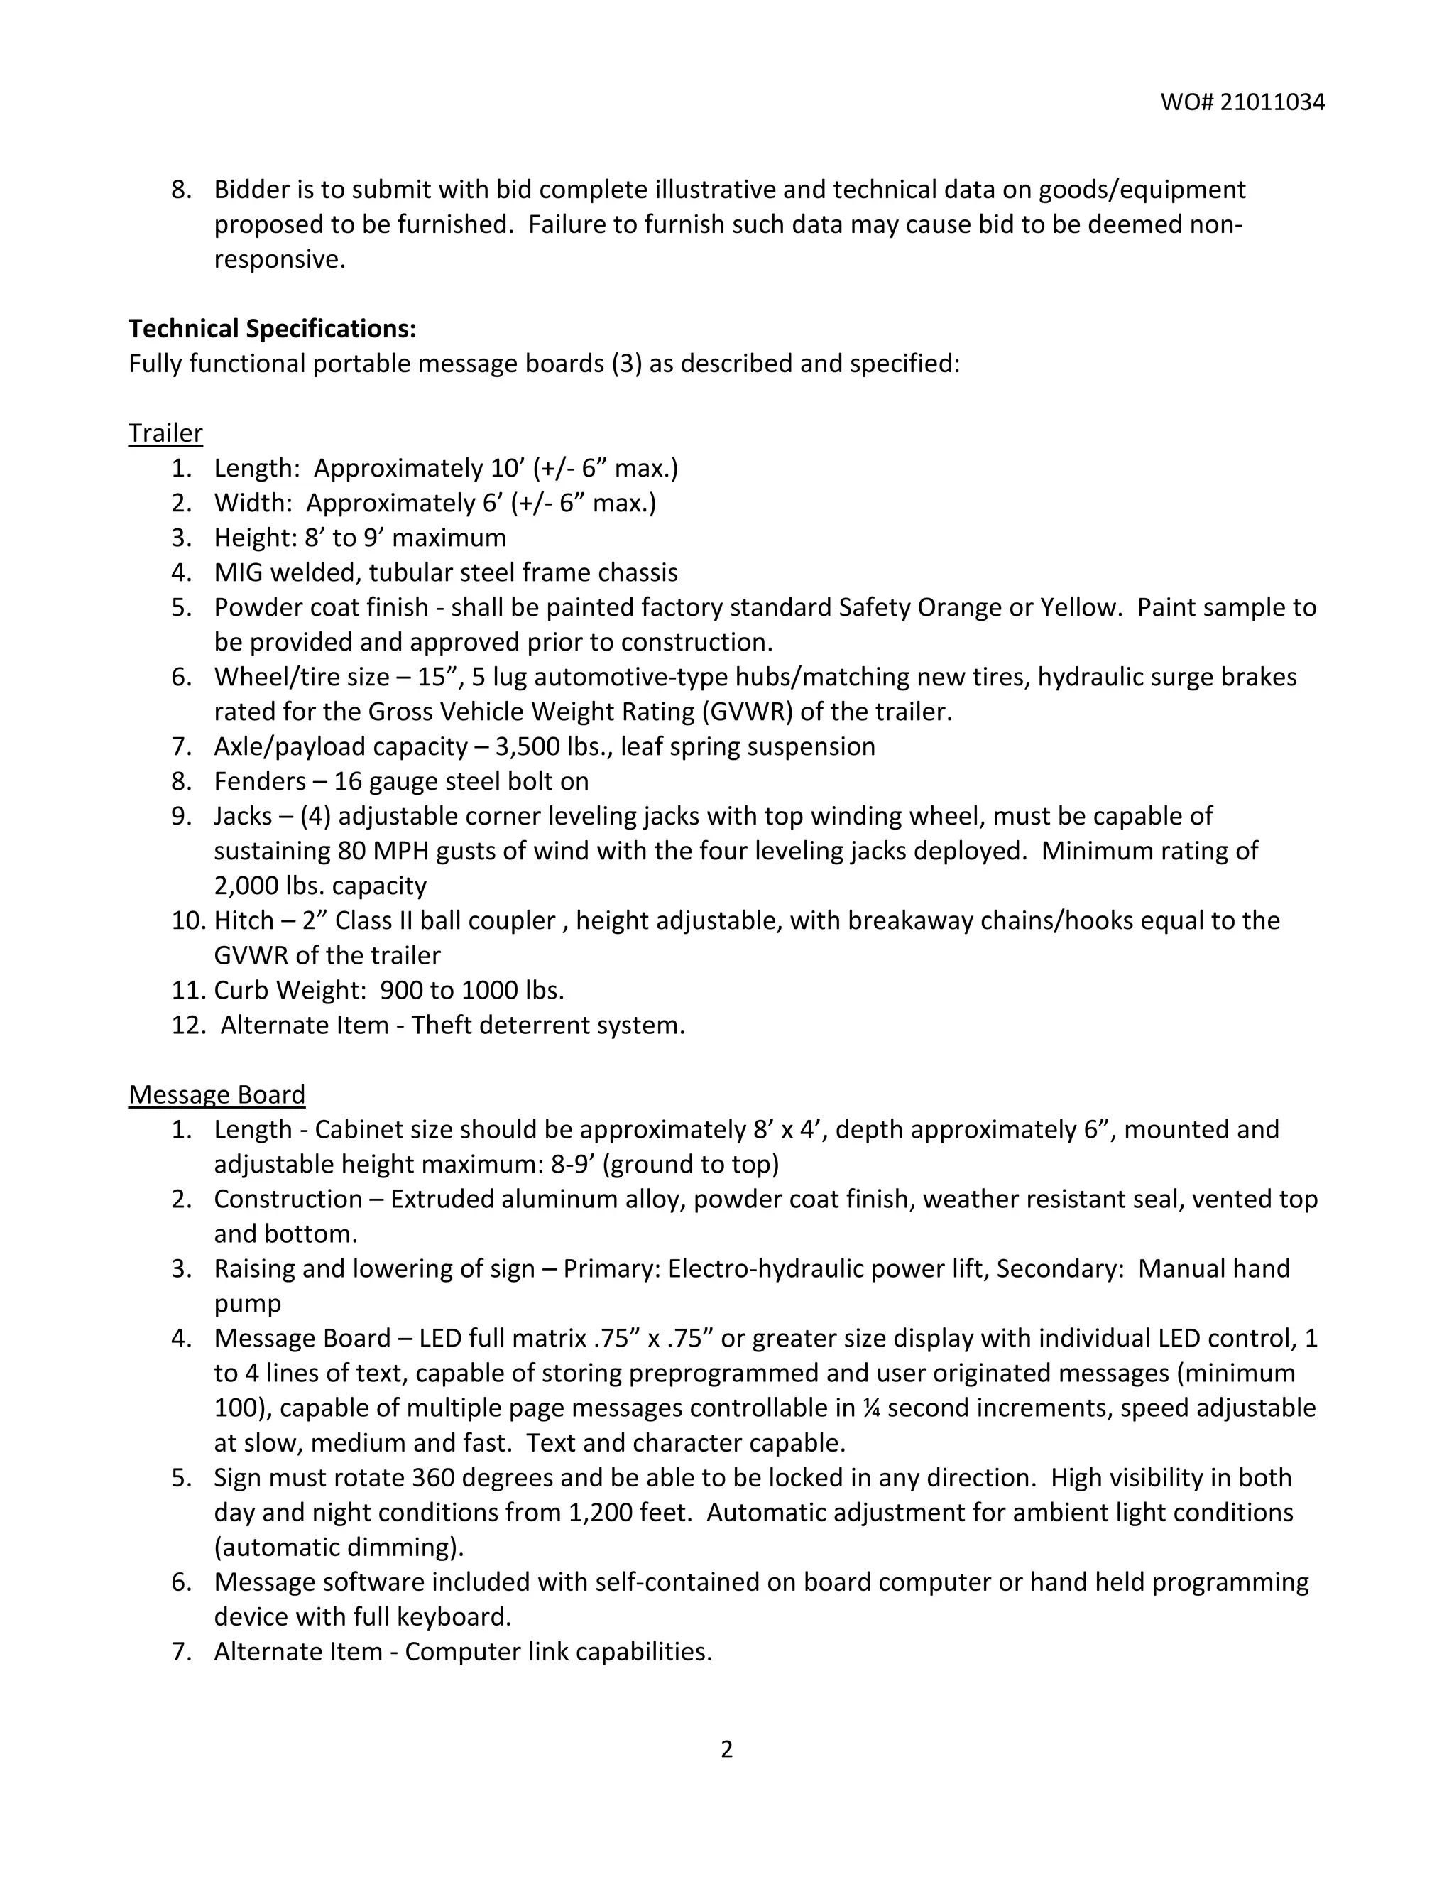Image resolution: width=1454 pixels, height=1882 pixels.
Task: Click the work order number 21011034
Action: point(1272,102)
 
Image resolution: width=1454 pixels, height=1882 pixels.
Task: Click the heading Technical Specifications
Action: point(272,328)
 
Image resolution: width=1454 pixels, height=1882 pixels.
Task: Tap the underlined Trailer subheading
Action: point(165,433)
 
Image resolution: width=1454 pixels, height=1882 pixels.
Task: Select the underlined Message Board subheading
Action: point(217,1094)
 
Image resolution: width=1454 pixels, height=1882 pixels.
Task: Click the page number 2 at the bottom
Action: point(726,1749)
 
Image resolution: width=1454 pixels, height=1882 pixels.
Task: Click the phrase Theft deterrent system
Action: point(548,1025)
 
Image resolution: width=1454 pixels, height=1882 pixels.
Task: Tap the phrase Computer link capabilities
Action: point(558,1651)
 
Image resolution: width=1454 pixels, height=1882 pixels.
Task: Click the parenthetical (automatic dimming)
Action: point(339,1547)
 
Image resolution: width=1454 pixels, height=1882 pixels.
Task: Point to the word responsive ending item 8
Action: point(279,259)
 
